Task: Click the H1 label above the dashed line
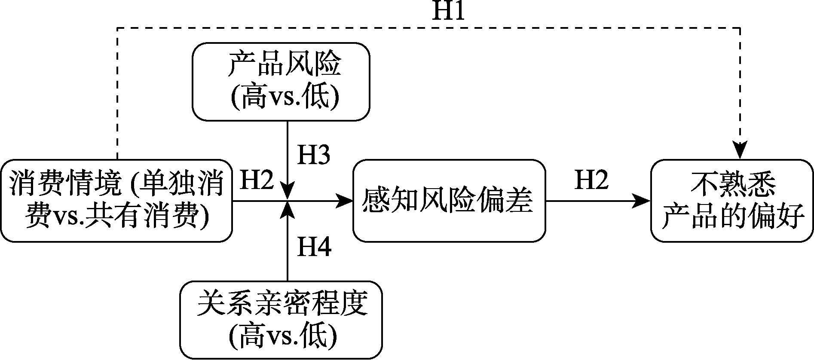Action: coord(448,12)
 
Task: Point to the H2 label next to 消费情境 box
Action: coord(256,180)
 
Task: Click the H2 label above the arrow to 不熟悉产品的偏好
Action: coord(591,180)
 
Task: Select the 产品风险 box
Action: coord(281,82)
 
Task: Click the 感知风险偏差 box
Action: coord(449,201)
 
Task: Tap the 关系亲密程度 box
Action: coord(281,320)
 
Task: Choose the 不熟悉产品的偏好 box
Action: coord(732,201)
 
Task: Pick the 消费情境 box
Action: coord(116,201)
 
